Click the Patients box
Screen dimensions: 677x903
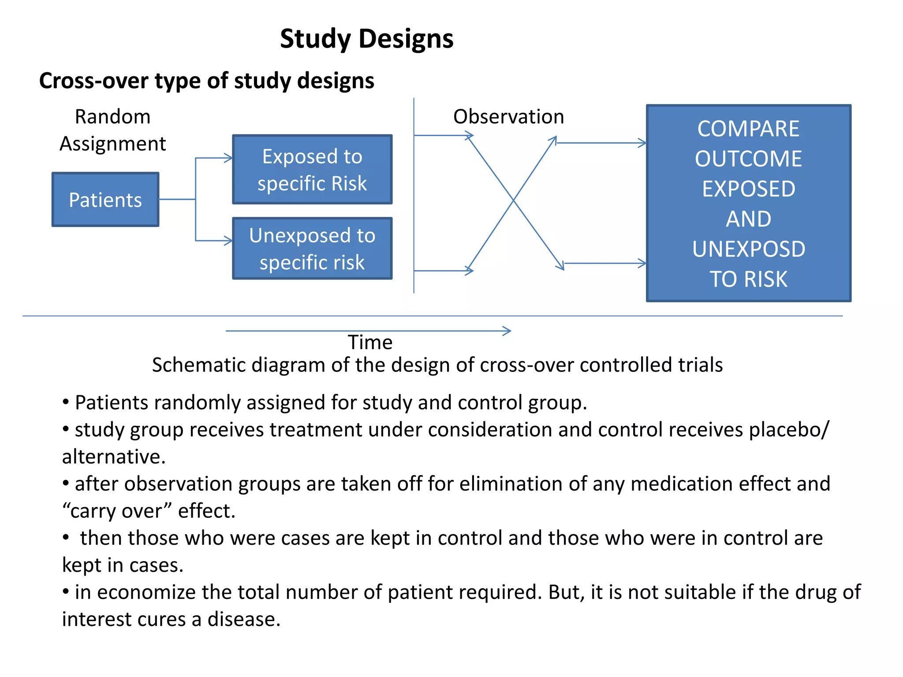pos(105,200)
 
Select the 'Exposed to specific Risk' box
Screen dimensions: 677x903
pos(312,170)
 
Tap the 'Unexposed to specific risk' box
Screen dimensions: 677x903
pos(312,249)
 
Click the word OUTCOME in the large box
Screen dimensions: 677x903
pos(748,159)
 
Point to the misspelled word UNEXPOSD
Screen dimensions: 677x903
pos(748,249)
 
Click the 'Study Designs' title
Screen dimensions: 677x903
pos(366,39)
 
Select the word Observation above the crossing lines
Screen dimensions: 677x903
pos(508,117)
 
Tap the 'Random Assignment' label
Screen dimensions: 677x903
pos(113,130)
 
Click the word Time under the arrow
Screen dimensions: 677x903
pos(370,342)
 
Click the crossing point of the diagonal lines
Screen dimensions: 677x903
pos(513,201)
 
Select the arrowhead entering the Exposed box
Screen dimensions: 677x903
pos(229,158)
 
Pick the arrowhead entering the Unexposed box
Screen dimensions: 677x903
pos(229,241)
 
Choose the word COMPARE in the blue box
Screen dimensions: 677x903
pos(748,129)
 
